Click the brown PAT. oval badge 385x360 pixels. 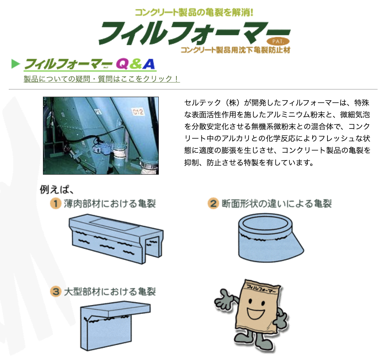coord(278,41)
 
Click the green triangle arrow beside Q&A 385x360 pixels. coord(15,64)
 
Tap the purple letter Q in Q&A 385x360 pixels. coord(122,64)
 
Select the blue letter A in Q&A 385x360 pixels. coord(148,64)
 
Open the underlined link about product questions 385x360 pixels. coord(102,79)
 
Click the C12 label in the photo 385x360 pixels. coord(138,112)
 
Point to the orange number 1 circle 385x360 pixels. coord(56,203)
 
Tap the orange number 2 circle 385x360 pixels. coord(213,203)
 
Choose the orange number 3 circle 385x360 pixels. coord(56,291)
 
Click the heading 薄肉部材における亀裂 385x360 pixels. coord(110,204)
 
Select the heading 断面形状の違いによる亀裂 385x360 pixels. coord(277,204)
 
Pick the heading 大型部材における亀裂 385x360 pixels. coord(110,292)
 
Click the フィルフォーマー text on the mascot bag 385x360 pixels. coord(261,289)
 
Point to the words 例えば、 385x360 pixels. coord(57,190)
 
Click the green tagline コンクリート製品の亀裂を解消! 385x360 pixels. coord(194,12)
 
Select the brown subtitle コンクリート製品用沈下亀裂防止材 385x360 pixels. coord(235,50)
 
